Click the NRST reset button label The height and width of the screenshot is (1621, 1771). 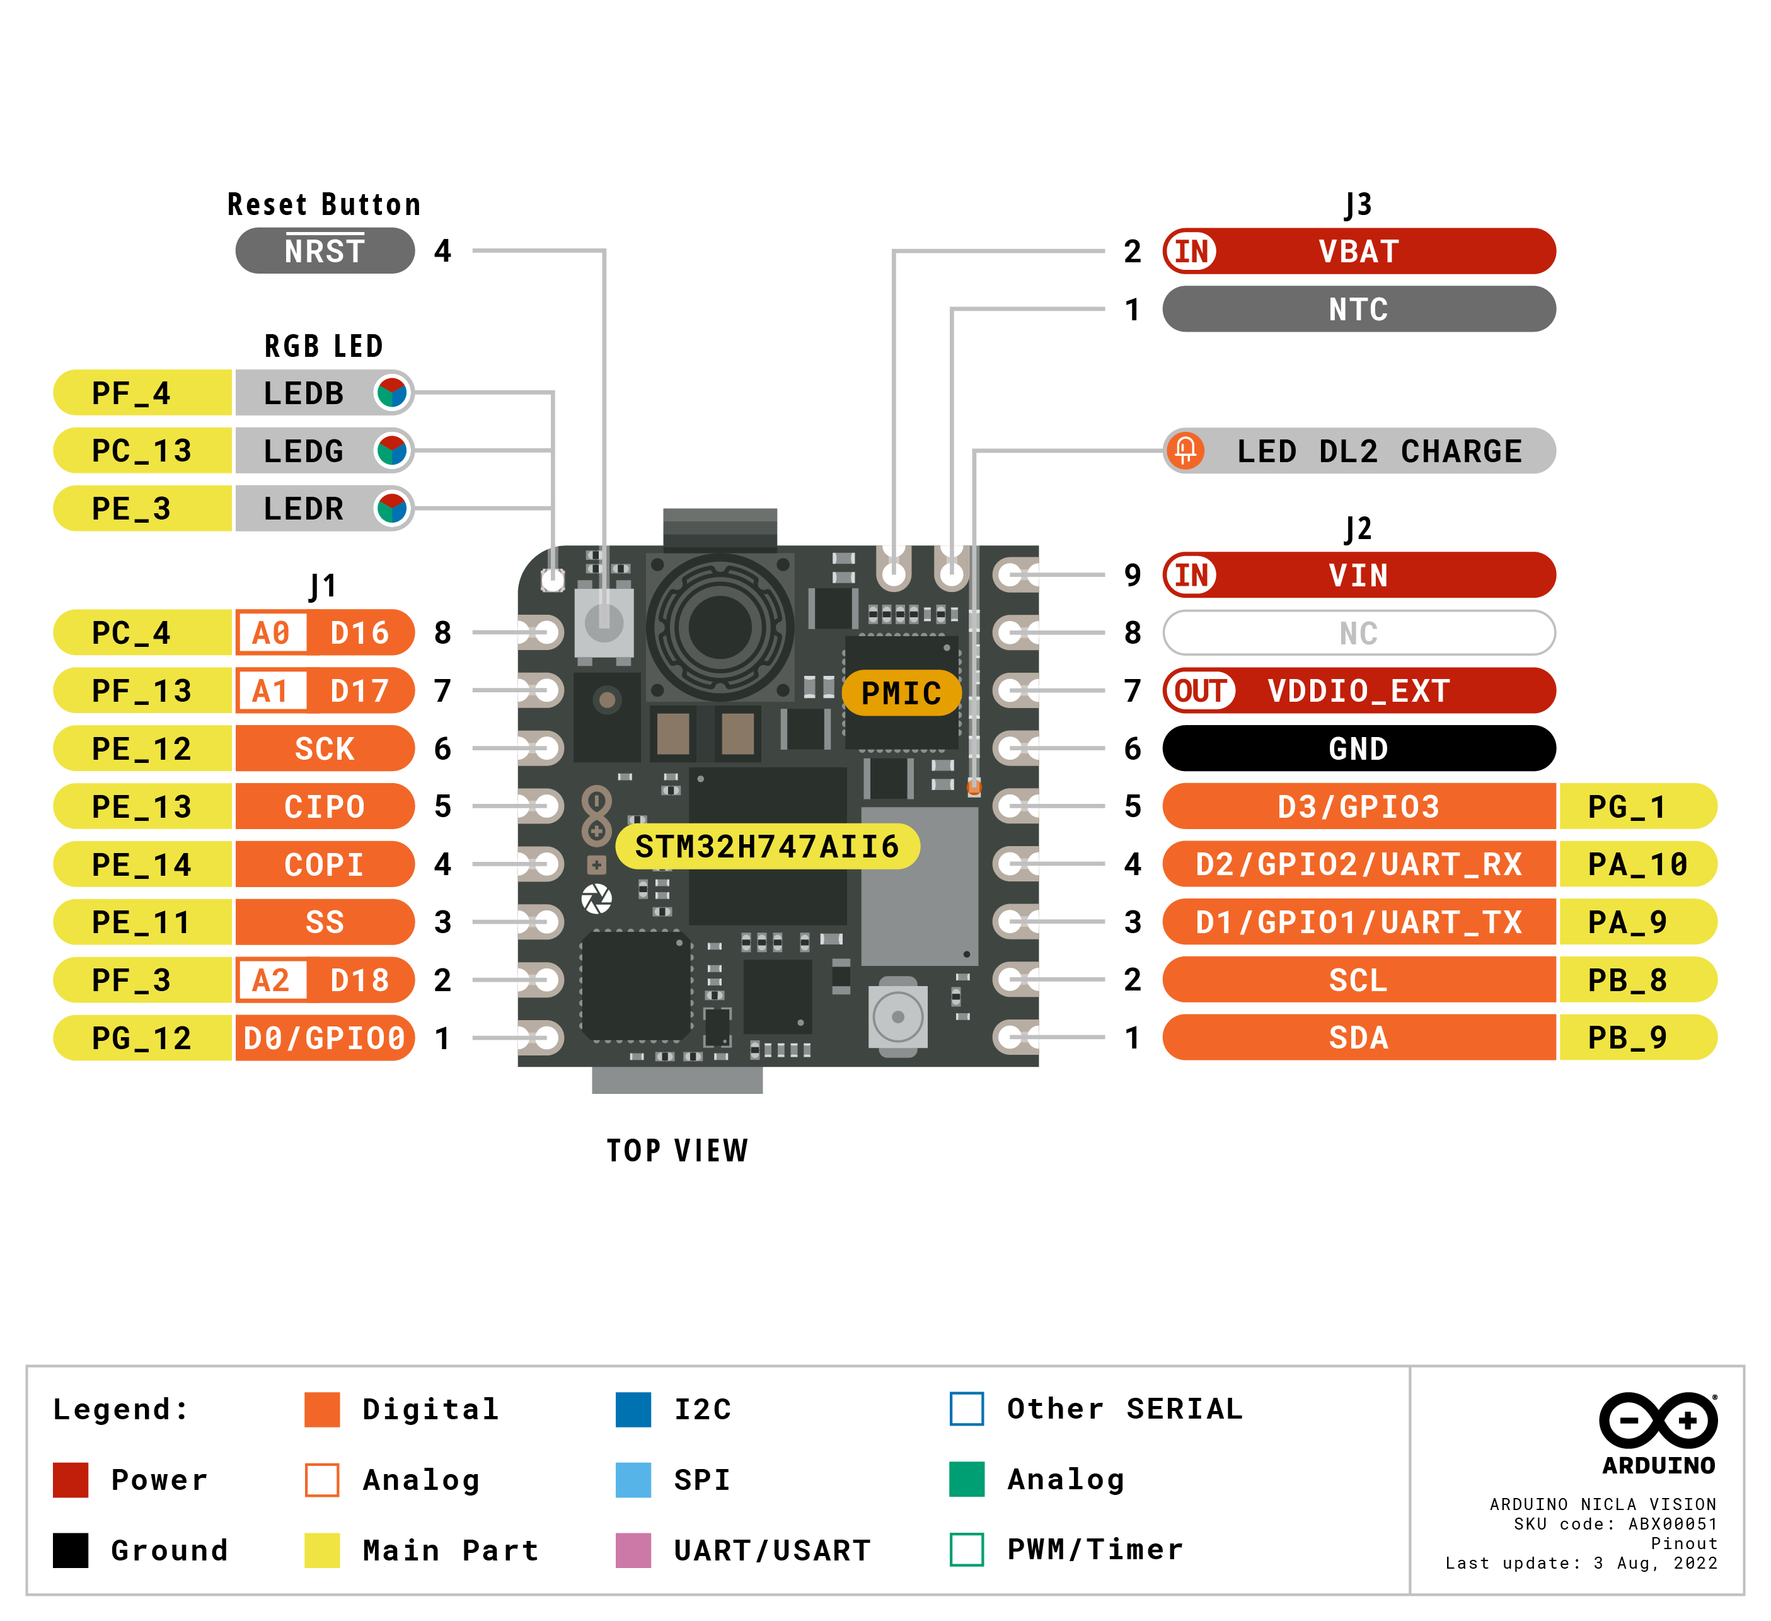click(324, 252)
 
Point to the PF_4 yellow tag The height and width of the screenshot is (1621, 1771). click(132, 393)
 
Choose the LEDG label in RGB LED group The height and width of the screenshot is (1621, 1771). click(304, 451)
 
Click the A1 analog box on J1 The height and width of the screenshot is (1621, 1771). click(270, 690)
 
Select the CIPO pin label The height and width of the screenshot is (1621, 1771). click(324, 806)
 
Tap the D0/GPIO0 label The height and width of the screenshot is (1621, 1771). click(324, 1038)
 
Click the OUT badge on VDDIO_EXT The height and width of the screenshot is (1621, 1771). click(1200, 690)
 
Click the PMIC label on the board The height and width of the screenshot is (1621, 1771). click(901, 693)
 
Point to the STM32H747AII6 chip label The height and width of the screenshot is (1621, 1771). click(767, 847)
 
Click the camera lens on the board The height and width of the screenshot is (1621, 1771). click(720, 627)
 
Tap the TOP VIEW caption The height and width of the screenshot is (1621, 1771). click(678, 1150)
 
